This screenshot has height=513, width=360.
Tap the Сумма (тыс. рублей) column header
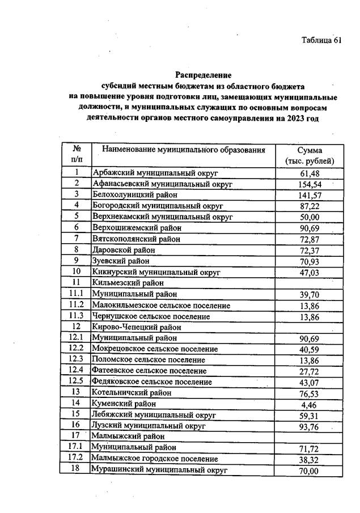310,156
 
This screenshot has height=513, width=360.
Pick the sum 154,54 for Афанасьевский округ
310,184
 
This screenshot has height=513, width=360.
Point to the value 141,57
310,195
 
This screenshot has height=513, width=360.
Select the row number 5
76,217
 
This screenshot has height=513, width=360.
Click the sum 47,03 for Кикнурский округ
310,273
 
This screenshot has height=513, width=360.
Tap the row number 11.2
76,305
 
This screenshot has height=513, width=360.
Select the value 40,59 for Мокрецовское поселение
310,349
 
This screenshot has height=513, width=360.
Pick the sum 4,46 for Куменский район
310,404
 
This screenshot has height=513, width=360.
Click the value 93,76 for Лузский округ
310,426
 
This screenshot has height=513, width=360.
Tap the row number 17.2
76,458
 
